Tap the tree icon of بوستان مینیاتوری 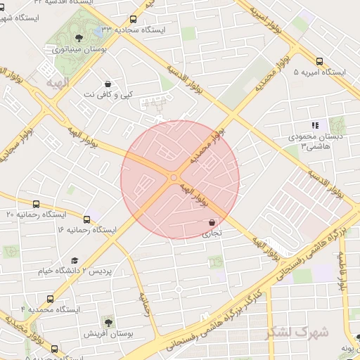coord(79,37)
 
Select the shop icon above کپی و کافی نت coord(107,83)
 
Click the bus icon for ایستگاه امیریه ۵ coord(320,61)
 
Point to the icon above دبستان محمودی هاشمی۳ coord(315,125)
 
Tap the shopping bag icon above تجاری coord(212,222)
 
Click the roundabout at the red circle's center coord(174,177)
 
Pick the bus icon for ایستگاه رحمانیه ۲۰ coord(36,204)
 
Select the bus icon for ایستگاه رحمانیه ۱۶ coord(86,219)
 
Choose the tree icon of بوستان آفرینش coord(108,321)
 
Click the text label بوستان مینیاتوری coord(79,50)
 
